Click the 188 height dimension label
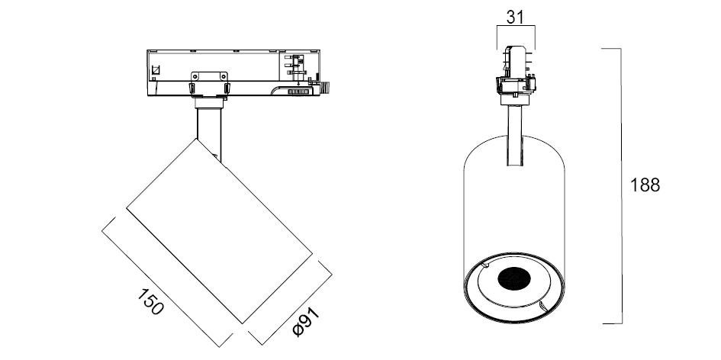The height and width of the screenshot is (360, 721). click(645, 185)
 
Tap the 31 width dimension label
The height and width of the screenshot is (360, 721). click(516, 17)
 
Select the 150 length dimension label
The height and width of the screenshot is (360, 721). click(150, 302)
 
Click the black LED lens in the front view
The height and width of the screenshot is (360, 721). click(514, 278)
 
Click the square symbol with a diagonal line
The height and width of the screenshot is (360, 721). click(156, 70)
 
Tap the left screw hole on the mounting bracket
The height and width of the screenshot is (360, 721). click(196, 76)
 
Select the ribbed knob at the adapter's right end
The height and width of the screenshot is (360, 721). click(327, 87)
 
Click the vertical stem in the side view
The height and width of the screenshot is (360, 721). click(209, 134)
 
